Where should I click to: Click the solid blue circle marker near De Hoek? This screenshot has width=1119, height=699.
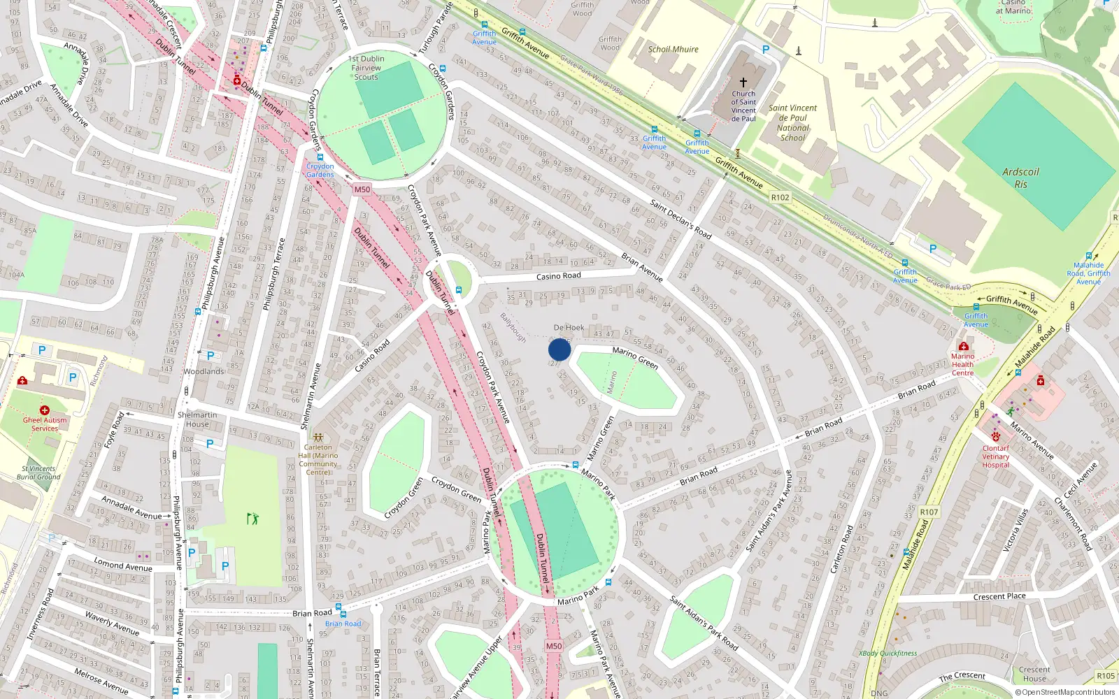coord(559,349)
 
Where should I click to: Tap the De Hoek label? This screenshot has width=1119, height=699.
coord(569,327)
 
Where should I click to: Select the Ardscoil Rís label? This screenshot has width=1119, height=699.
coord(1020,178)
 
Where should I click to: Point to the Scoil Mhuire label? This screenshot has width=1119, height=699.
coord(673,50)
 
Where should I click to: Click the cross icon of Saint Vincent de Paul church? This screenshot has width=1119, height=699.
coord(743,82)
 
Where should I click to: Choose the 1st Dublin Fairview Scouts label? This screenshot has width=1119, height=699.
coord(366,68)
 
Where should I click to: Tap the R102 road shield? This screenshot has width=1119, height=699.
coord(780,198)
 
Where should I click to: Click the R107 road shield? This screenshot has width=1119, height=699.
coord(929,512)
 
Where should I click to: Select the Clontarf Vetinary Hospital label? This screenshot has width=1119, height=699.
coord(995,456)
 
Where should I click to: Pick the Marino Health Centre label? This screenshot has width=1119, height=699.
coord(962,364)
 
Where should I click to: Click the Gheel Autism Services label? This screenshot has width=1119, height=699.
coord(45,424)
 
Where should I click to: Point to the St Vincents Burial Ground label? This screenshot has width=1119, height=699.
coord(38,473)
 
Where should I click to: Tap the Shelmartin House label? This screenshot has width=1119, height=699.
coord(197,419)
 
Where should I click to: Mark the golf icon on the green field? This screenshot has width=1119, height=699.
coord(252,518)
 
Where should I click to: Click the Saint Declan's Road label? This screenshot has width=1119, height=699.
coord(680,219)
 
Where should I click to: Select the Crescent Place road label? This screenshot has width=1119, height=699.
coord(999,596)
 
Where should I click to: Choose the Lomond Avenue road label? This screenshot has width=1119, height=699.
coord(123,565)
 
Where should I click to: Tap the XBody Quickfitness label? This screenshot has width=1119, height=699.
coord(888,654)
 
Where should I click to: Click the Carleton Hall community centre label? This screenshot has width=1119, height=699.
coord(318,459)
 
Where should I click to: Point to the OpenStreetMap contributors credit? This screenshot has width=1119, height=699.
coord(1064,693)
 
